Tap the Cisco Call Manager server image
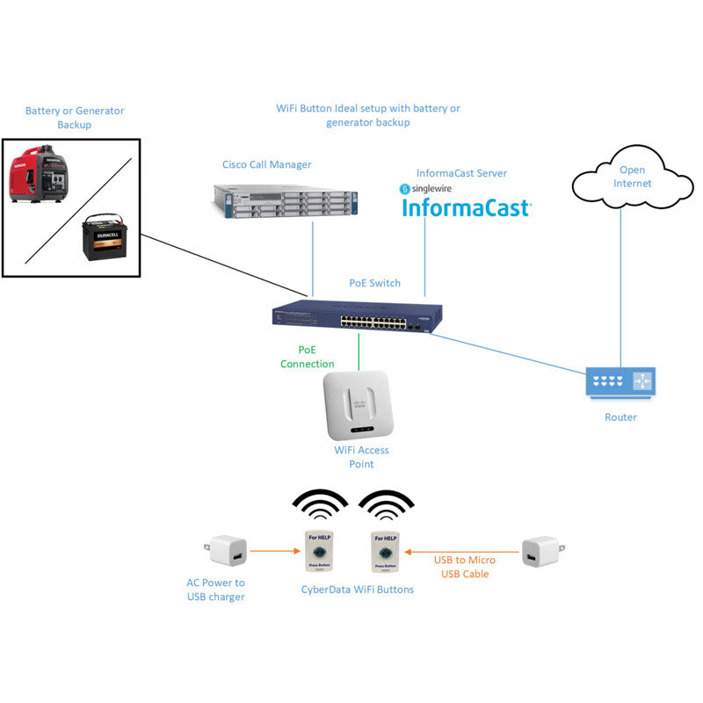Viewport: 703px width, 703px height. [x=286, y=199]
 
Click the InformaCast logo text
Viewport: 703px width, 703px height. [x=466, y=208]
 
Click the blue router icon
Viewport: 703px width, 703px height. [x=620, y=381]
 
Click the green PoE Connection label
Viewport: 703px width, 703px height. [x=307, y=357]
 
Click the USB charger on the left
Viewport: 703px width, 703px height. [x=227, y=552]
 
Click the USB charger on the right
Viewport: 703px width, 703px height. [x=541, y=552]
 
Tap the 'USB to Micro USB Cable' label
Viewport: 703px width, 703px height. [x=464, y=567]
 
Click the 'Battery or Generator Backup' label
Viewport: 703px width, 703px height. [x=75, y=118]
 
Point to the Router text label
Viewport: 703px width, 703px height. [x=620, y=417]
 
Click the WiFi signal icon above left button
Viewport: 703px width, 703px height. [x=319, y=506]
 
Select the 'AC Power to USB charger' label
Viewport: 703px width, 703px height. [x=215, y=590]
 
